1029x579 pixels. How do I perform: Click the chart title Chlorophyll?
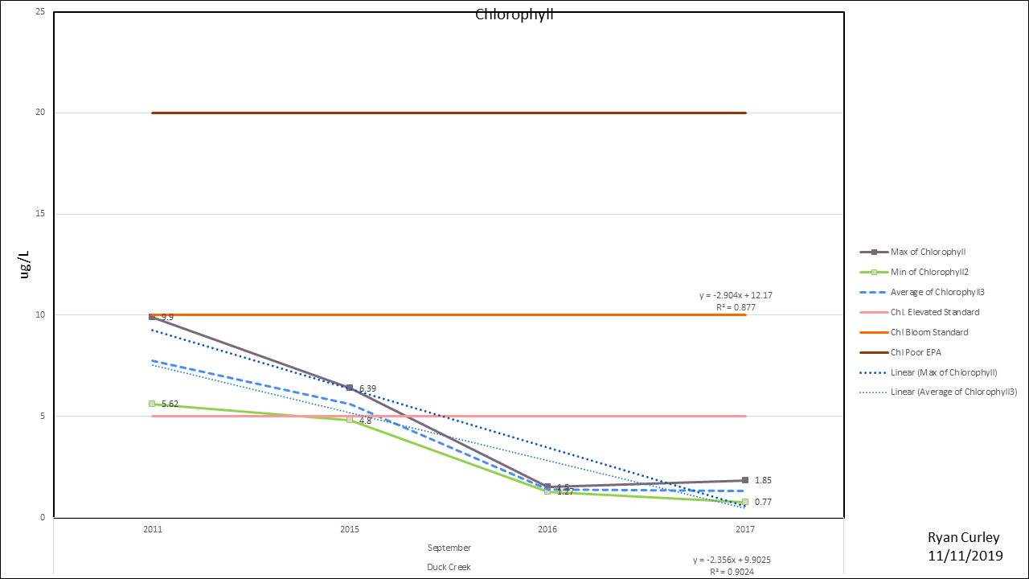point(514,14)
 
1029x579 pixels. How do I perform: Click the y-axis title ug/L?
point(25,264)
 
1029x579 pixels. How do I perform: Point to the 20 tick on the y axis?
point(39,113)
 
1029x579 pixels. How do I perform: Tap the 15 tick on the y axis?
point(39,214)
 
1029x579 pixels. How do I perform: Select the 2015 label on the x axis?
point(350,529)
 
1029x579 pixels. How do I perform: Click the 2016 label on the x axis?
point(547,529)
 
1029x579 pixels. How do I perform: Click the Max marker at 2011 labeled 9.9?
point(152,317)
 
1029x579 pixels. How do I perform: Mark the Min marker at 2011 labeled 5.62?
point(152,404)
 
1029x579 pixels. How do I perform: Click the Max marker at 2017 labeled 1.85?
point(745,480)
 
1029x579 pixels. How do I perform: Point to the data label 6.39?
point(367,389)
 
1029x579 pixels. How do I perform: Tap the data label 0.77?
point(764,502)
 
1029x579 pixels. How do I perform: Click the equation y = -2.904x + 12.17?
point(737,296)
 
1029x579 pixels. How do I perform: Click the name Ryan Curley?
point(965,537)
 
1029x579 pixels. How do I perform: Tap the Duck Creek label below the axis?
point(449,567)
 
